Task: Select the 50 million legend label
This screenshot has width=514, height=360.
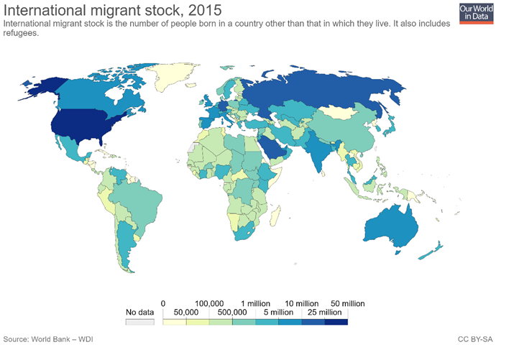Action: click(x=348, y=303)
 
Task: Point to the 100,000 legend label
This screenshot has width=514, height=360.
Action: click(x=209, y=303)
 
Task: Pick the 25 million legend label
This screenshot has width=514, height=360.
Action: click(x=325, y=313)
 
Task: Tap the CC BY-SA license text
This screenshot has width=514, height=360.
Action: click(x=475, y=338)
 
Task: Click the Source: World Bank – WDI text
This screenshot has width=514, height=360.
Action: click(x=48, y=338)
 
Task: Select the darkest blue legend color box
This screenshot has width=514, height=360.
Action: click(x=336, y=323)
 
